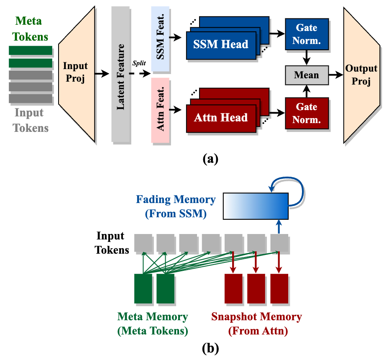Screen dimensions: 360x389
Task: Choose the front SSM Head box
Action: [220, 44]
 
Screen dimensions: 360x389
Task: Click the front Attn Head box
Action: [220, 118]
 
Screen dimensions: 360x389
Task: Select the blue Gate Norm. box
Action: [306, 34]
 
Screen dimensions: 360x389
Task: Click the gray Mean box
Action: [306, 75]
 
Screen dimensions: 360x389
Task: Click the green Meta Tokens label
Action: [29, 28]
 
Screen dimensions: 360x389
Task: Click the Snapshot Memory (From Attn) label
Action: [256, 324]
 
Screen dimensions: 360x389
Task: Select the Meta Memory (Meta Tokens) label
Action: [152, 324]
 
